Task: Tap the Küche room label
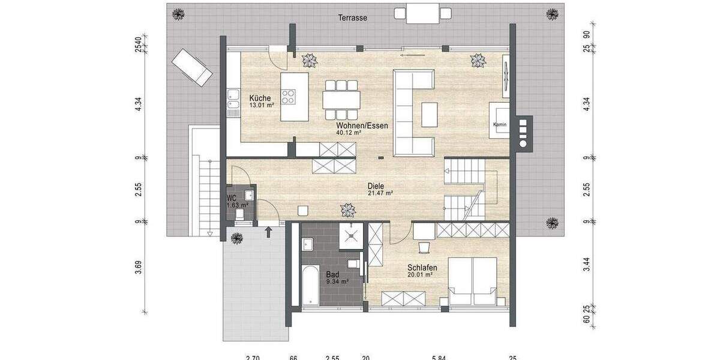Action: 260,98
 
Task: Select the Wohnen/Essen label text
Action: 362,126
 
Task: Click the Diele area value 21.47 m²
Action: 380,193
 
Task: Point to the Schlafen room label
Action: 422,268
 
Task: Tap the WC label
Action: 232,197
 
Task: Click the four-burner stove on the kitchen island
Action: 289,97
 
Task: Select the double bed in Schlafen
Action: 473,281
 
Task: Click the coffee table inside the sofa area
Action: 429,114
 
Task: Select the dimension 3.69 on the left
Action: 138,268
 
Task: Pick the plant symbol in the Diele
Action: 347,209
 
